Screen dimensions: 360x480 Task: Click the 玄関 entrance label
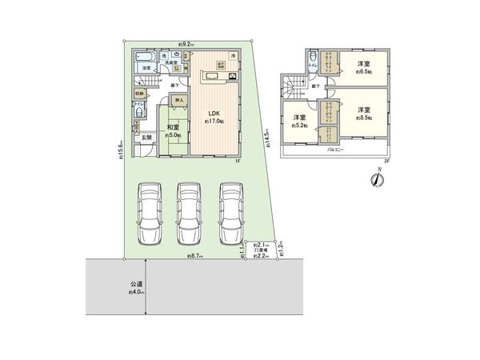147,138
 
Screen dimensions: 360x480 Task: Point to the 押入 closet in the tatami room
179,101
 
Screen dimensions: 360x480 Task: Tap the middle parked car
189,214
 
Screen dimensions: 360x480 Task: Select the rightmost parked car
231,214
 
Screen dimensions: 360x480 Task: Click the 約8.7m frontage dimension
195,256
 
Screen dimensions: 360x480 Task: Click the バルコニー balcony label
335,150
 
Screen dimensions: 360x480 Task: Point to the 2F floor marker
386,162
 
